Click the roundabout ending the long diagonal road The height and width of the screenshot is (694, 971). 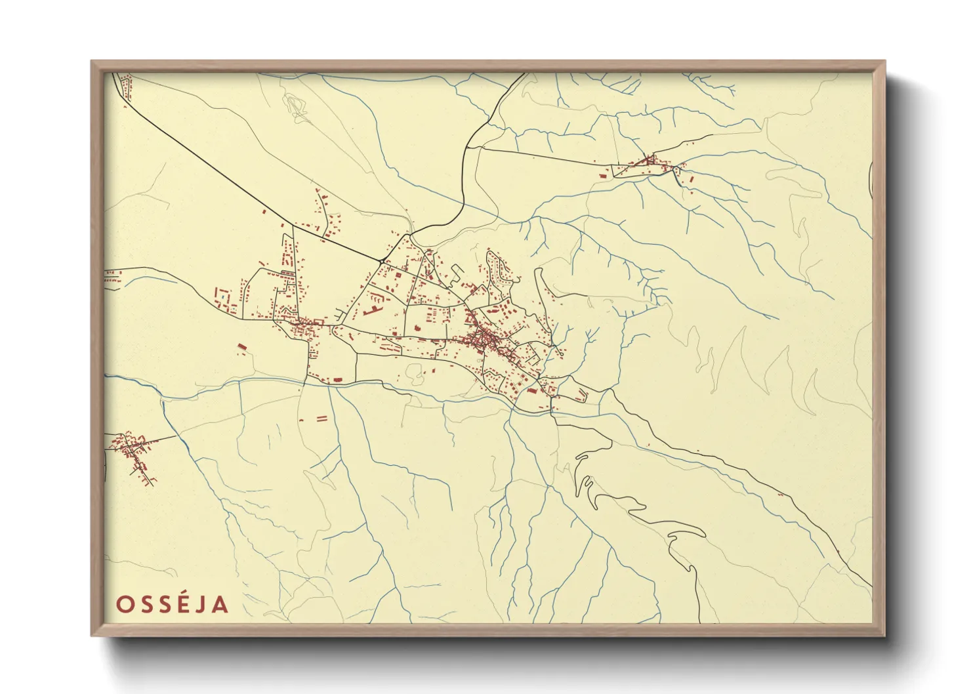coord(382,261)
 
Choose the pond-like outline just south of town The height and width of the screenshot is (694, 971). coord(415,374)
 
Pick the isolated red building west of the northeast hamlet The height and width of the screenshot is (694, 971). coord(602,175)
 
